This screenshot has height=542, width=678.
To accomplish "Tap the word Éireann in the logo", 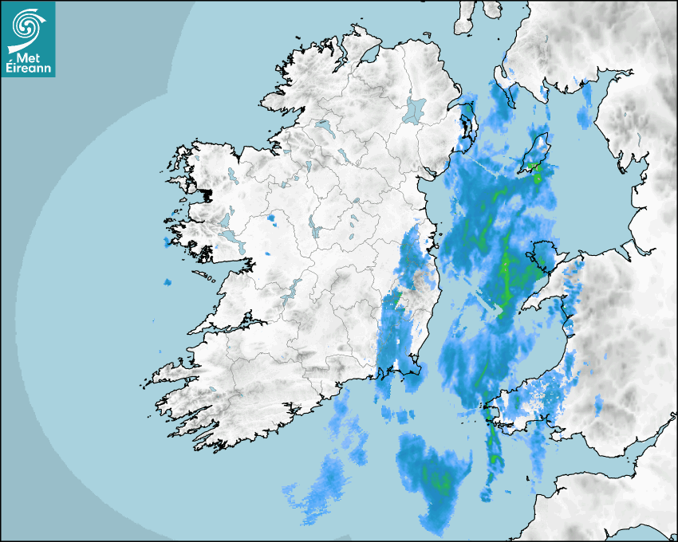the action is [29, 69].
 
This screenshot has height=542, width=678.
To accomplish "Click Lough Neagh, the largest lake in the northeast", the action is [415, 109].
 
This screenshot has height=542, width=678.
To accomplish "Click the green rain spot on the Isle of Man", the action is [533, 167].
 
